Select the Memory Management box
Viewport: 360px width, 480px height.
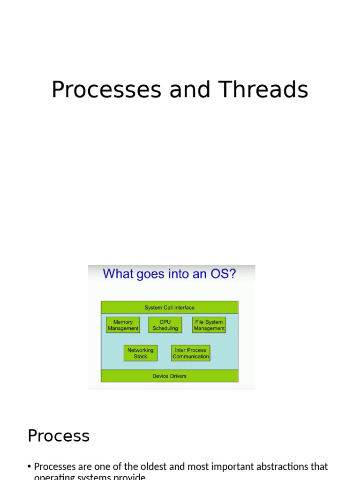[x=123, y=325]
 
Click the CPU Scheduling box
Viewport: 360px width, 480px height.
[x=165, y=325]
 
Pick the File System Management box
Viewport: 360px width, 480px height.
[x=209, y=325]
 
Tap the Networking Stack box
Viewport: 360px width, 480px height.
[x=141, y=353]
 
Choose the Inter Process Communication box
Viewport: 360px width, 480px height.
[x=190, y=353]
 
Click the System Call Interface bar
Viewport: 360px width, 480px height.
[x=169, y=307]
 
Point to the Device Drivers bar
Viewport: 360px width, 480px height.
[x=169, y=376]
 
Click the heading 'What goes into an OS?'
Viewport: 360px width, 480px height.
[x=169, y=274]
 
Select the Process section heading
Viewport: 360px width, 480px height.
[x=59, y=436]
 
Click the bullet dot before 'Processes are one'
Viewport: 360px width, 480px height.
[x=30, y=467]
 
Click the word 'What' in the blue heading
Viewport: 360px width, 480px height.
[x=116, y=274]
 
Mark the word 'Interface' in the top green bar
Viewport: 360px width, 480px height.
[x=184, y=307]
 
